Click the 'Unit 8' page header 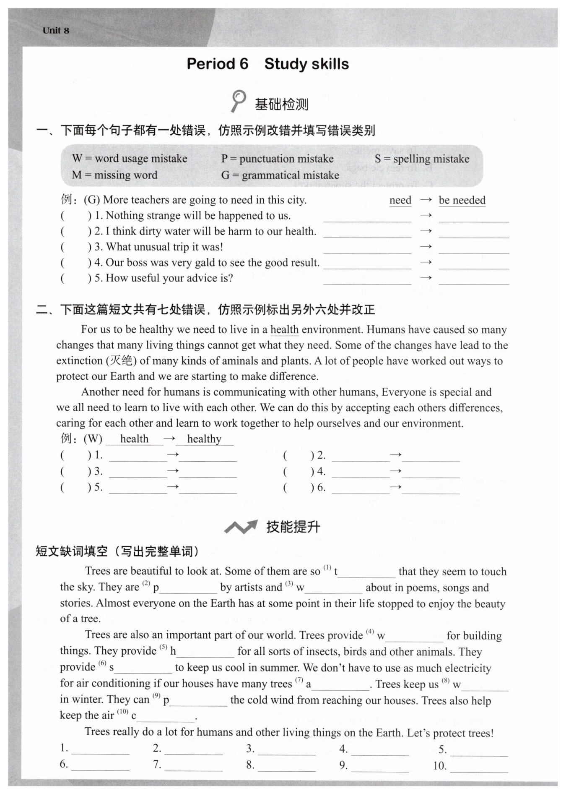pos(56,31)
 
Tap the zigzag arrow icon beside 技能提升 pos(240,527)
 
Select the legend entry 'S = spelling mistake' pos(422,159)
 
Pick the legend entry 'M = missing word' pos(114,175)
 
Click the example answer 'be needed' pos(462,200)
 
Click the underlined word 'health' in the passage pos(284,330)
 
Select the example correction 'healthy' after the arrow pos(204,439)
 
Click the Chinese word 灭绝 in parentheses pos(121,360)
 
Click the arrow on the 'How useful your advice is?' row pos(426,278)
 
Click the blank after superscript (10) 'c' pos(165,717)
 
